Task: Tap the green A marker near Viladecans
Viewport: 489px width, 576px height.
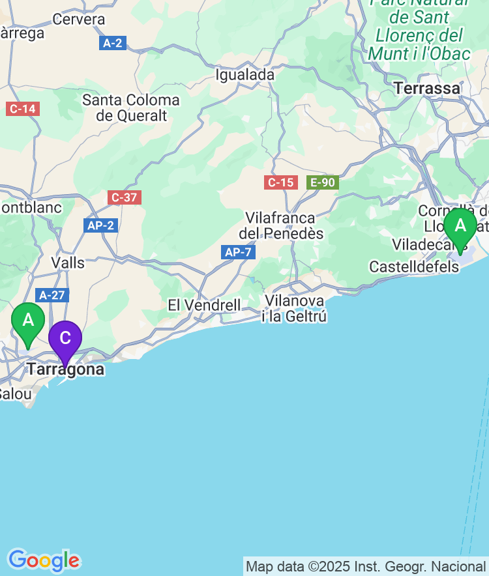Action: click(x=460, y=227)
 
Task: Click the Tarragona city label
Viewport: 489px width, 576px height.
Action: click(x=65, y=369)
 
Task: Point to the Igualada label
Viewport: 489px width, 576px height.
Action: click(x=245, y=75)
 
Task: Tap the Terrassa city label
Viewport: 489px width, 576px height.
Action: click(x=427, y=88)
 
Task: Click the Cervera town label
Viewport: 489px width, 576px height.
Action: click(x=79, y=20)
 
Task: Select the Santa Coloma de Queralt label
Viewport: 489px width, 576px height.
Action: click(x=131, y=108)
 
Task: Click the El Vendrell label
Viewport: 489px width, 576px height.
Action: click(x=204, y=305)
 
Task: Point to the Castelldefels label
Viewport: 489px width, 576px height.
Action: click(x=414, y=266)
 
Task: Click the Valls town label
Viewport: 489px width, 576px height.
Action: click(x=68, y=263)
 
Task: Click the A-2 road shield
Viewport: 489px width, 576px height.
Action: click(x=113, y=43)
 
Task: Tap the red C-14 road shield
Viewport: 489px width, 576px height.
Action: click(x=23, y=109)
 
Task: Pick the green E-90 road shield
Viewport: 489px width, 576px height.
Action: click(x=322, y=182)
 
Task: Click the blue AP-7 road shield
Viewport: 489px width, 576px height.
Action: click(x=237, y=252)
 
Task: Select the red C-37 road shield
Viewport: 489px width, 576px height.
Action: click(x=124, y=197)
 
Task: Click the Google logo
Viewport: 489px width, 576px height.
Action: click(x=44, y=560)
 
